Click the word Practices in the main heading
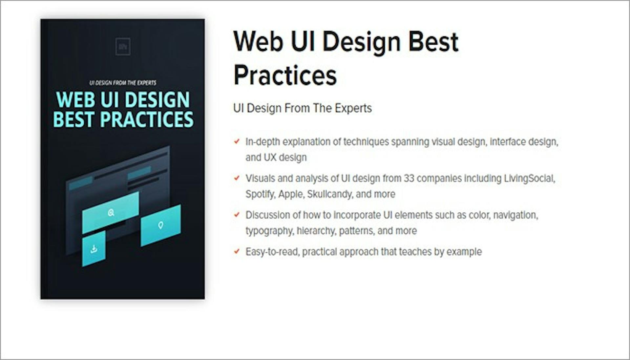pyautogui.click(x=285, y=75)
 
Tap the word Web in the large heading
pyautogui.click(x=258, y=42)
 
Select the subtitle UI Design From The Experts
pyautogui.click(x=302, y=108)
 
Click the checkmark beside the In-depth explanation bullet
pyautogui.click(x=237, y=141)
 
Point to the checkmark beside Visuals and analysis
pyautogui.click(x=237, y=178)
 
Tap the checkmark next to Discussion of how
pyautogui.click(x=237, y=215)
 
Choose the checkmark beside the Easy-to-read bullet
pyautogui.click(x=237, y=252)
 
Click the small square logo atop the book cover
pyautogui.click(x=123, y=47)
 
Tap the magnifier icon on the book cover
pyautogui.click(x=111, y=213)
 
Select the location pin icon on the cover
pyautogui.click(x=160, y=225)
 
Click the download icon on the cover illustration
pyautogui.click(x=94, y=249)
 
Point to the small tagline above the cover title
pyautogui.click(x=123, y=83)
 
